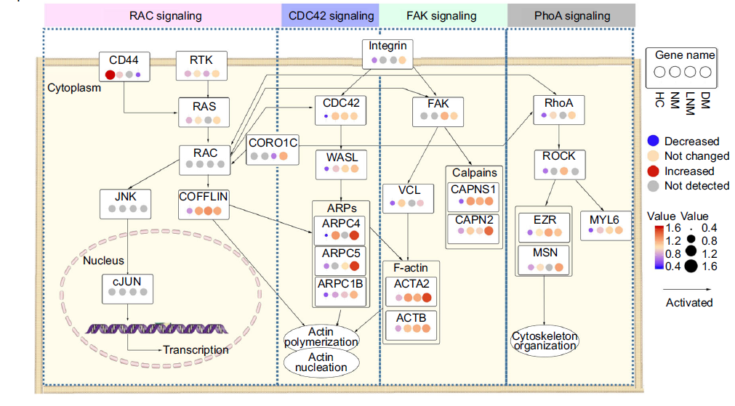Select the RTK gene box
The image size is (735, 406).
click(x=202, y=65)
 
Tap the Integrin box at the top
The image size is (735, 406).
click(x=387, y=54)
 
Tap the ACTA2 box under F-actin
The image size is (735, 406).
click(x=411, y=290)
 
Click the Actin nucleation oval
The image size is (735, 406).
click(x=321, y=362)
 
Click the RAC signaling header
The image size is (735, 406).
click(x=161, y=15)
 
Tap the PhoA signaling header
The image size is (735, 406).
click(x=571, y=15)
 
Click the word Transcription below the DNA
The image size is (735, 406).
click(x=196, y=350)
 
